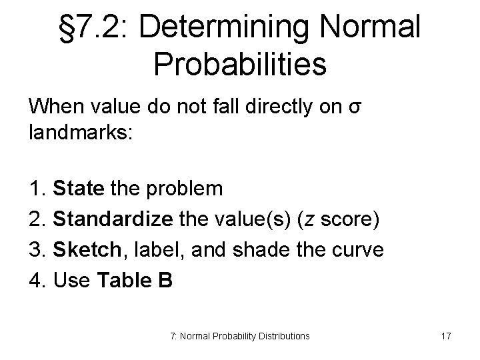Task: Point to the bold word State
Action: [78, 189]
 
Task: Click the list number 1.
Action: [36, 189]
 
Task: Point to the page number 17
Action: [445, 336]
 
